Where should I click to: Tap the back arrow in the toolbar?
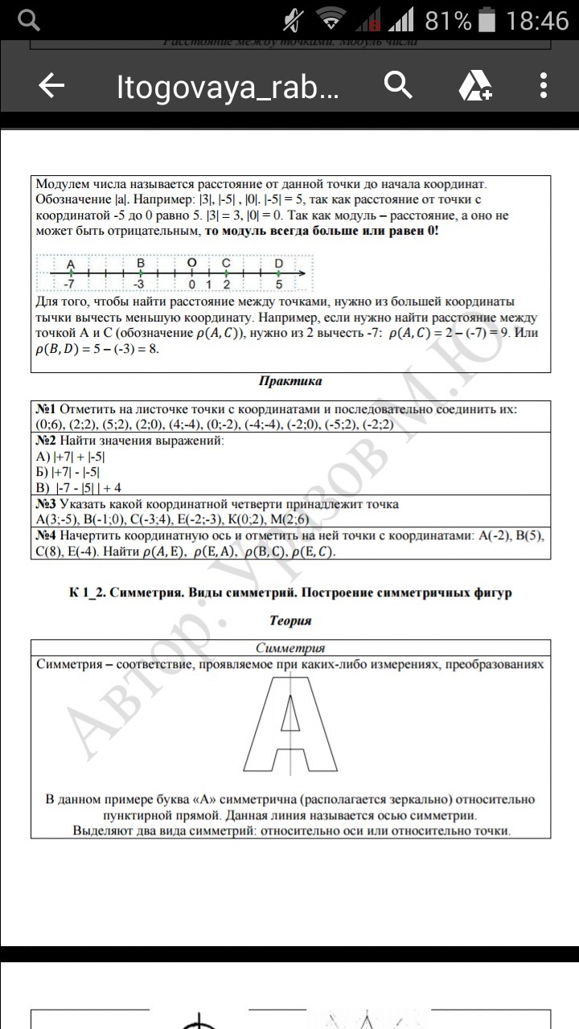51,87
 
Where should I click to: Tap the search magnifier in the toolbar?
398,85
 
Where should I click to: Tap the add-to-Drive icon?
474,86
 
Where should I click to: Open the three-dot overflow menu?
544,86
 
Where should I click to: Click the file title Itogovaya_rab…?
228,88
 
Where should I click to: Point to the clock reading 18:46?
537,20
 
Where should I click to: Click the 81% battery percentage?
448,21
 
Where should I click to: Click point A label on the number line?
71,264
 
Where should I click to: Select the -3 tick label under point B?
139,284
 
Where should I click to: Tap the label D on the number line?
279,264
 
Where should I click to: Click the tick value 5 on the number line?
279,284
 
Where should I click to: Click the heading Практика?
289,381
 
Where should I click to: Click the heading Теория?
289,621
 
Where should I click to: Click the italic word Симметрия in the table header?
289,648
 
